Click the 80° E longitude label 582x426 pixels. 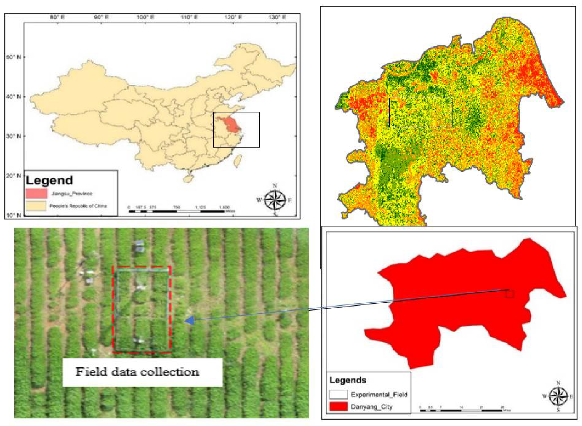point(57,17)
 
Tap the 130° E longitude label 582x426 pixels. point(277,17)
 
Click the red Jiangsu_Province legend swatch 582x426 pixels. point(36,193)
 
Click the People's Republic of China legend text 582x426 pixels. point(78,206)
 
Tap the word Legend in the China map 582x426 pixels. point(49,180)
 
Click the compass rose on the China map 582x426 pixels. point(275,200)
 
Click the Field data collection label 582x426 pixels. point(137,372)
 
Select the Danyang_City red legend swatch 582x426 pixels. point(338,406)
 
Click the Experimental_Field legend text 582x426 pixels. point(379,395)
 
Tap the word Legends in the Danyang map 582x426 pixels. point(347,380)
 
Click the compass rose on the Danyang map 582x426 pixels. point(558,396)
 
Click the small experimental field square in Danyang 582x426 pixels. point(510,294)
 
